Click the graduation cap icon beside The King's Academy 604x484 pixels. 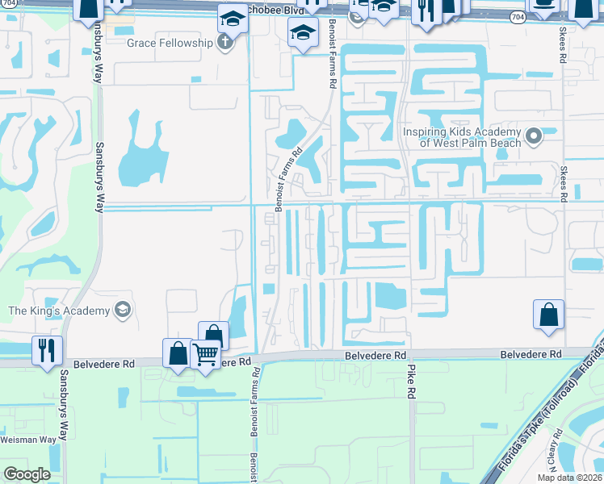pos(122,310)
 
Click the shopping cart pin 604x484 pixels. pos(206,353)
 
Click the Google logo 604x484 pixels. pos(27,474)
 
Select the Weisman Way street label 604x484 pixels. pos(27,439)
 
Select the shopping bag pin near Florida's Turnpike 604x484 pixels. pos(548,314)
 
